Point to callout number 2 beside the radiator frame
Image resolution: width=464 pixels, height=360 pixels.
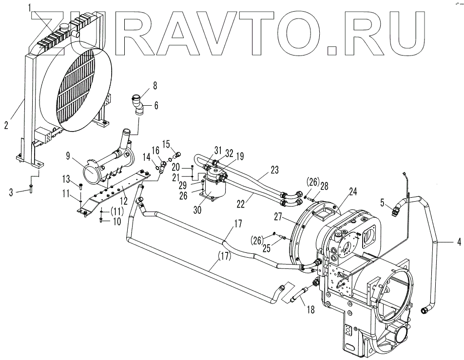pos(6,125)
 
